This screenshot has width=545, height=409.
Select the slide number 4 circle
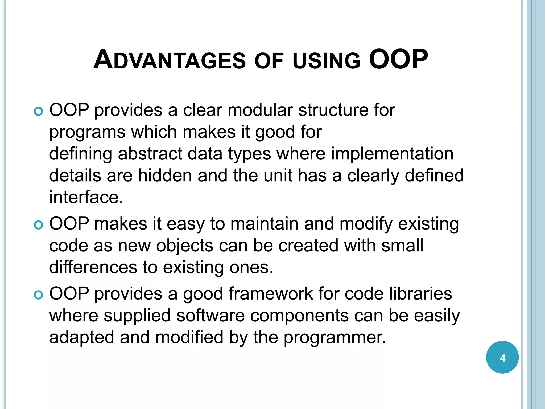pyautogui.click(x=502, y=357)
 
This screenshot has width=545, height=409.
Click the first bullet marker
pyautogui.click(x=38, y=112)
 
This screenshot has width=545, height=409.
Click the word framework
pyautogui.click(x=270, y=293)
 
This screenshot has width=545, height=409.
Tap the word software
pyautogui.click(x=210, y=316)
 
